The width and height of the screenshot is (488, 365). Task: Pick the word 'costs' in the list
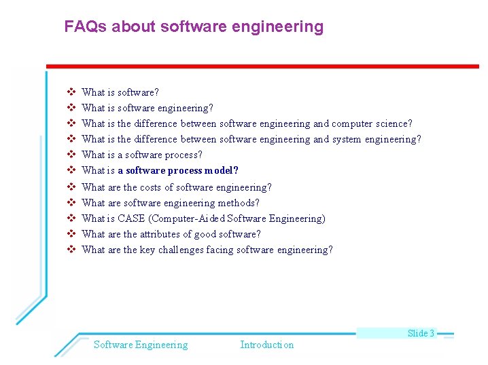(150, 187)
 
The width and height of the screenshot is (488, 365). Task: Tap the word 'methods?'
(239, 203)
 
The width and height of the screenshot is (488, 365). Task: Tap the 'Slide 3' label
(421, 333)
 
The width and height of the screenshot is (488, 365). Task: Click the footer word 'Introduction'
(266, 345)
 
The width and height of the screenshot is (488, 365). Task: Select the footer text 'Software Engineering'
(141, 345)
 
